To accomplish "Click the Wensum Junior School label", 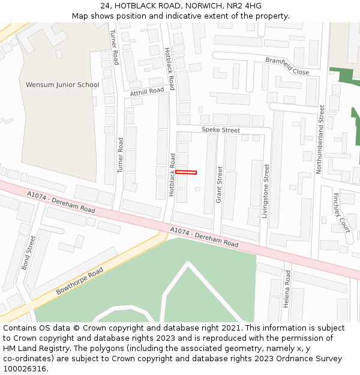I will tap(62, 85).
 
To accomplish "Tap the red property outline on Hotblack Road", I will tap(186, 173).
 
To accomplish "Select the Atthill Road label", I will tap(147, 92).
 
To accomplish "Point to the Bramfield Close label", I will tap(287, 66).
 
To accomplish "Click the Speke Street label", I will tap(220, 130).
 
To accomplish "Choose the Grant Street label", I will tap(219, 184).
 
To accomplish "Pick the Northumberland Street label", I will tap(322, 139).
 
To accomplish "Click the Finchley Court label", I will tap(341, 212).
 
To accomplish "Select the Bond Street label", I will tap(29, 253).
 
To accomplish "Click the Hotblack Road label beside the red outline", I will tap(172, 174).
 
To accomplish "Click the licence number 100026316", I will tap(25, 368).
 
